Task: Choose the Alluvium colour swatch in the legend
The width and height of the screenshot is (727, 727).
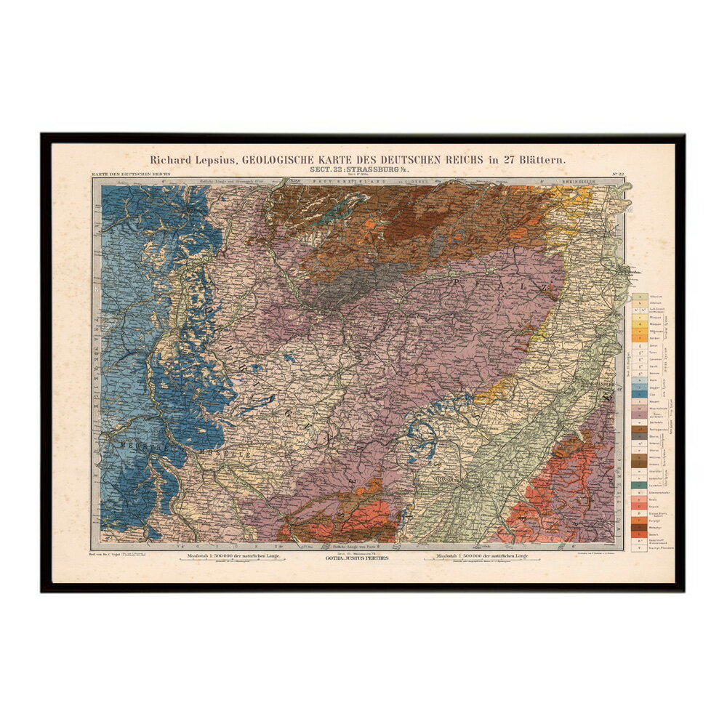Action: pos(638,297)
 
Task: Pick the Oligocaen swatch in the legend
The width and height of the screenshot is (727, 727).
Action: pos(638,327)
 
